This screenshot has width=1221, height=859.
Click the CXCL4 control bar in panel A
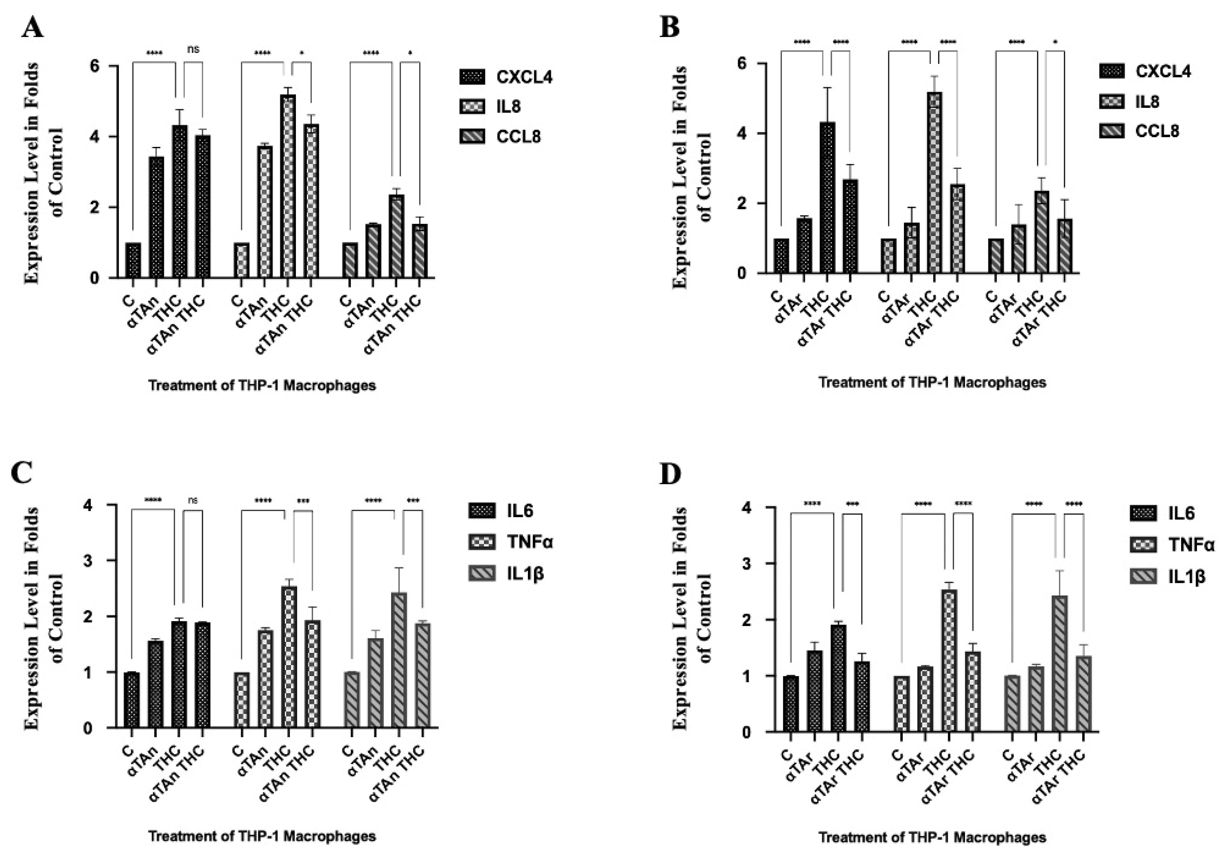133,260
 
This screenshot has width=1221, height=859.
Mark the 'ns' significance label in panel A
193,49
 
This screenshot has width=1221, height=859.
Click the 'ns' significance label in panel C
193,500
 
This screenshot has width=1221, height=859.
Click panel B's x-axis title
932,382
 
